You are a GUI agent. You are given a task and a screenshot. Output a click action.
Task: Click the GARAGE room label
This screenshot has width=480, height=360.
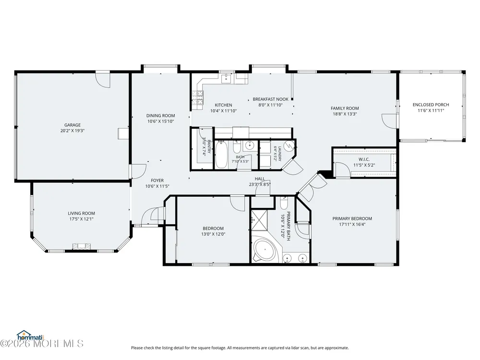point(72,125)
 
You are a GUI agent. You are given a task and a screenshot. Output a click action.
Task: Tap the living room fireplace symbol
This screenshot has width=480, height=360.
point(82,246)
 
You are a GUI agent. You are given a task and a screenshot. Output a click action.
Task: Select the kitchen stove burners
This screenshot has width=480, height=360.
point(197,97)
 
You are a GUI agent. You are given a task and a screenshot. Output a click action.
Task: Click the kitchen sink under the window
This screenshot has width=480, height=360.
point(227,79)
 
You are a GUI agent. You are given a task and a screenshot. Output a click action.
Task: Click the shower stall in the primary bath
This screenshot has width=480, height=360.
point(259,220)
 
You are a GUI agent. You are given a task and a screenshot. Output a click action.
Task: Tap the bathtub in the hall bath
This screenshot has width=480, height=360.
point(221,155)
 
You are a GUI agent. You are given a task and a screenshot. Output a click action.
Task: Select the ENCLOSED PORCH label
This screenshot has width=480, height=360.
point(431,105)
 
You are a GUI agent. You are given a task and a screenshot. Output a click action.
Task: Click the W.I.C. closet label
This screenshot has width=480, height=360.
point(364,159)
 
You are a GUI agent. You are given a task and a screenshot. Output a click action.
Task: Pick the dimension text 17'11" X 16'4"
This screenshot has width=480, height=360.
point(352,224)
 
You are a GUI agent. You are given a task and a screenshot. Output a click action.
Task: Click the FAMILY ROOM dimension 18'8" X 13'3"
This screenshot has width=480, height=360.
point(345,114)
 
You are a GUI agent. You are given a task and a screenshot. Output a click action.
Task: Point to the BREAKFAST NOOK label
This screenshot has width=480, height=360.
point(271,99)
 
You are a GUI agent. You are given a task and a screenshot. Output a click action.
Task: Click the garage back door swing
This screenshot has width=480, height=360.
point(103,81)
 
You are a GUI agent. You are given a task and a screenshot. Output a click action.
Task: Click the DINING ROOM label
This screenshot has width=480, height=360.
point(161,116)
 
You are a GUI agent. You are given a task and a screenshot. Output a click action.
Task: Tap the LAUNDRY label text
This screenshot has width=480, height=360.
point(279,154)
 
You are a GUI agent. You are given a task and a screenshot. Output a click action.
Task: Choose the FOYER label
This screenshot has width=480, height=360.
point(157,180)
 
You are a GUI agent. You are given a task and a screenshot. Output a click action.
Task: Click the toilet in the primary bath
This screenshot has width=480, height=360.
point(284,203)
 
